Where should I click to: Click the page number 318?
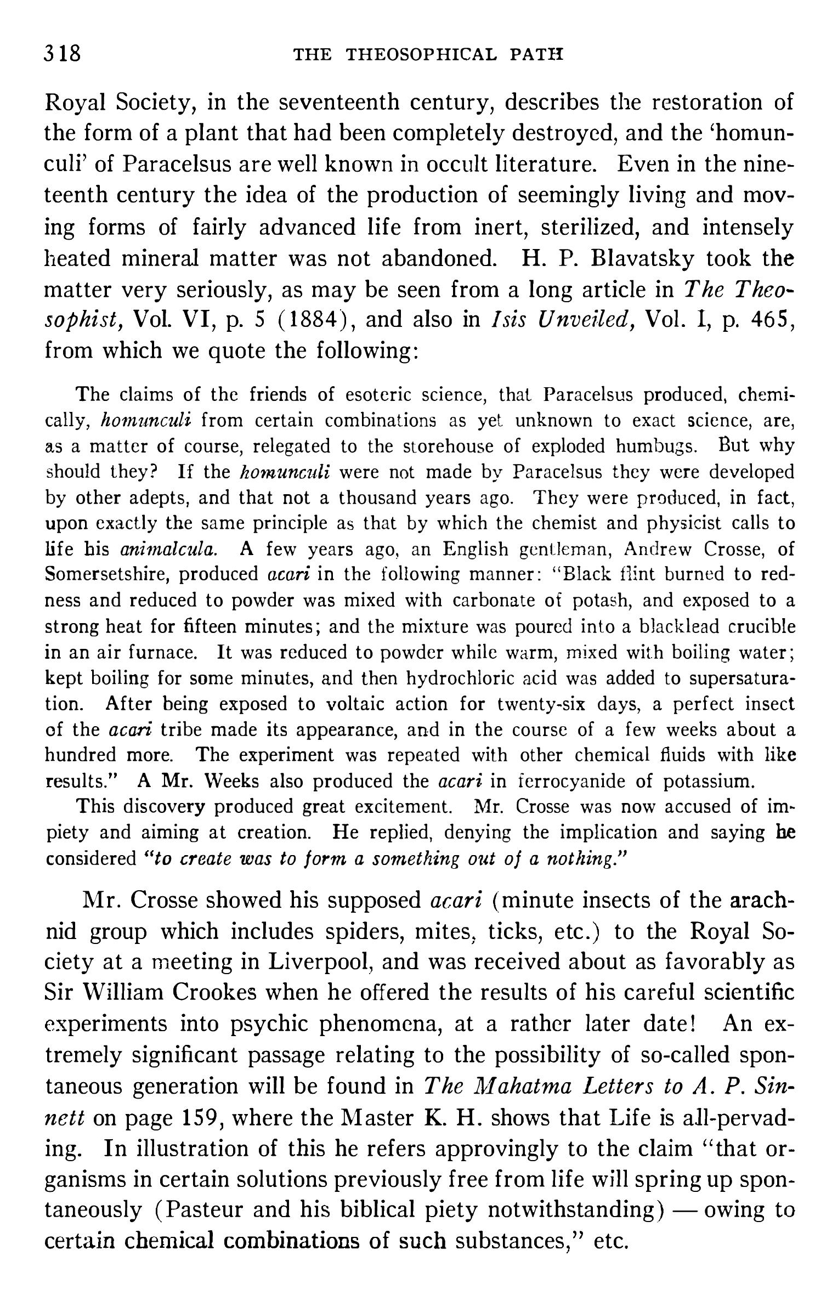coord(63,54)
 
